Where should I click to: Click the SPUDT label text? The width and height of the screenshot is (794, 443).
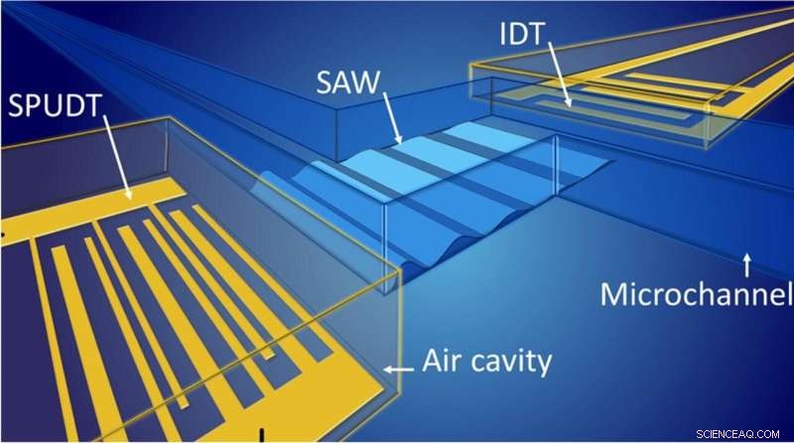(x=56, y=106)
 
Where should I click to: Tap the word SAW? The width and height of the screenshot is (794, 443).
(x=348, y=82)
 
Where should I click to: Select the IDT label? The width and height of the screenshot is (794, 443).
(x=522, y=34)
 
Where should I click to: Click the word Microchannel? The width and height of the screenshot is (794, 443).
(x=697, y=294)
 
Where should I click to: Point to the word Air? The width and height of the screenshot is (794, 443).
(x=441, y=361)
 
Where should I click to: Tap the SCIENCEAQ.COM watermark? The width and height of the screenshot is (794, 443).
(x=737, y=434)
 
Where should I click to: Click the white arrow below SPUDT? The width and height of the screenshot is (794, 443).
(x=117, y=157)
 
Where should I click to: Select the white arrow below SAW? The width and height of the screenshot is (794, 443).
(x=392, y=117)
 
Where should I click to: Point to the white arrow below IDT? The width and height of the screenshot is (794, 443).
(x=560, y=74)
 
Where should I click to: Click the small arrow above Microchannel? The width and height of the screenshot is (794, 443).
(x=747, y=265)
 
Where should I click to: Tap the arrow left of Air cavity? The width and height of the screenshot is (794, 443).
(x=398, y=369)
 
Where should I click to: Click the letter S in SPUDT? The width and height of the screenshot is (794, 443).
(x=16, y=106)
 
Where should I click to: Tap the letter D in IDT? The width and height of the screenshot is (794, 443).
(x=519, y=34)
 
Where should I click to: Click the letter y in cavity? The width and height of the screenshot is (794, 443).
(x=543, y=366)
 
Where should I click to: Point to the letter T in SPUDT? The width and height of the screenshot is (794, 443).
(x=92, y=106)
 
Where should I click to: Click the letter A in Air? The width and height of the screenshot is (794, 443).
(x=433, y=361)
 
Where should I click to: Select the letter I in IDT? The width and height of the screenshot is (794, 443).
(x=503, y=34)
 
